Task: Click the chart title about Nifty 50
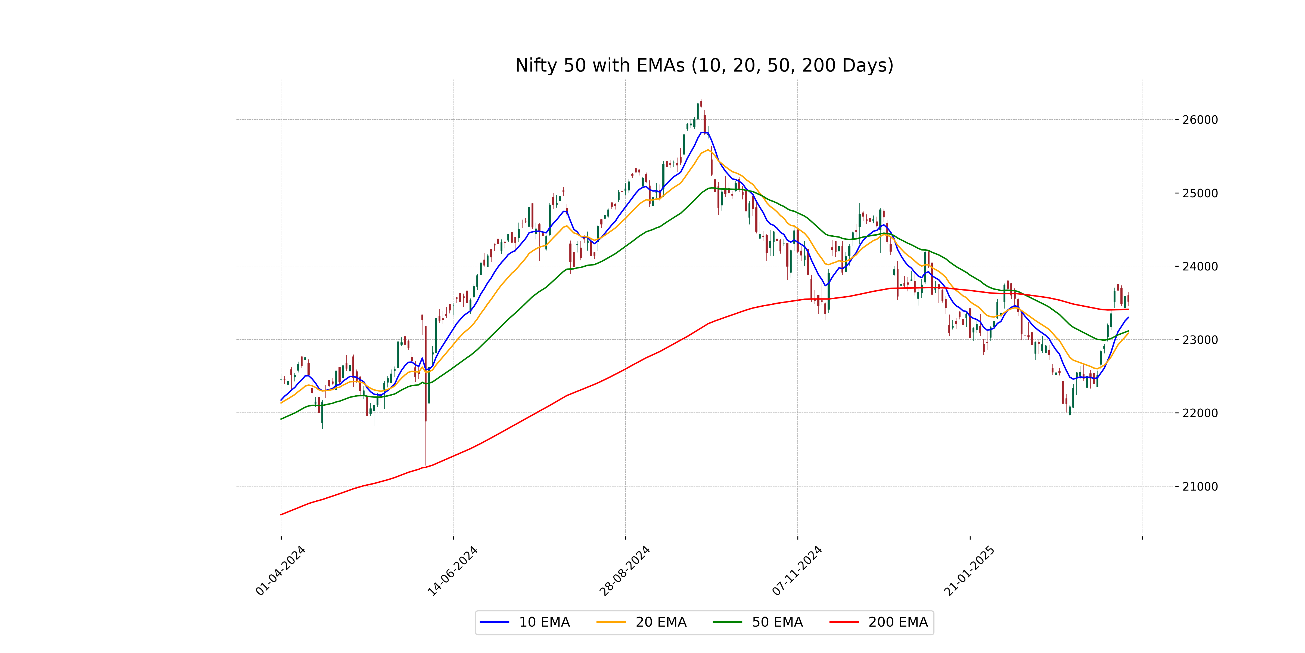click(x=704, y=65)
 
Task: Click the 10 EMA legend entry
click(x=544, y=622)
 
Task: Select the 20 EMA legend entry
click(x=661, y=622)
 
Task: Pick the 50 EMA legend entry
click(x=777, y=622)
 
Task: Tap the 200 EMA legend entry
click(x=898, y=622)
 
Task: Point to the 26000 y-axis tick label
click(x=1200, y=120)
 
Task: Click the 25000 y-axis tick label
click(x=1200, y=193)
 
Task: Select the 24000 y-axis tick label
click(x=1200, y=267)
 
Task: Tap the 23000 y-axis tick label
click(x=1200, y=340)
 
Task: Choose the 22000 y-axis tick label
click(x=1200, y=413)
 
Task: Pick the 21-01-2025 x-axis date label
click(x=970, y=570)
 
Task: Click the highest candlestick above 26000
click(x=701, y=103)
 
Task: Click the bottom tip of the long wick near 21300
click(x=425, y=464)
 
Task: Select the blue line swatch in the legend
click(x=495, y=622)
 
